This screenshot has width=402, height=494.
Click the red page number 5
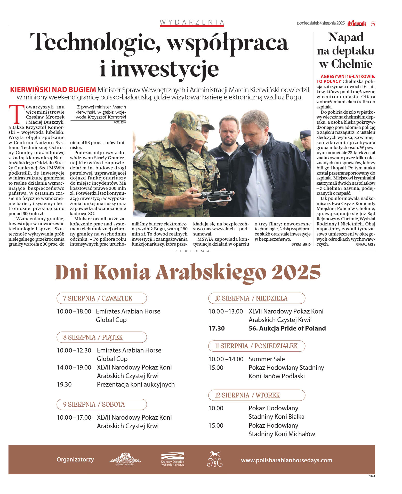373,24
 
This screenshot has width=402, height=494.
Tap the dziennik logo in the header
357,24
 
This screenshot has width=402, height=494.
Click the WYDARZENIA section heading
192,22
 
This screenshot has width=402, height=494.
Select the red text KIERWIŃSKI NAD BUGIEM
53,90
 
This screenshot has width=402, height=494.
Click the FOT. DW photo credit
119,122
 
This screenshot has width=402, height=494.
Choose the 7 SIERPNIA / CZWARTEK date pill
101,298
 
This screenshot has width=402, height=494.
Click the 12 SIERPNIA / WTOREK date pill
256,395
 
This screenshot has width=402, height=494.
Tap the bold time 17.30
216,328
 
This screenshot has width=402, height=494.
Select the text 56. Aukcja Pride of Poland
287,328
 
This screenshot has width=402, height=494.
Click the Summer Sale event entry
267,359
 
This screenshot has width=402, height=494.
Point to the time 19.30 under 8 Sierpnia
64,385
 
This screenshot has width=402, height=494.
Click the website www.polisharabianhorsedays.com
286,460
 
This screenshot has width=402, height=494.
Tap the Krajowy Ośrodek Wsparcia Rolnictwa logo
173,460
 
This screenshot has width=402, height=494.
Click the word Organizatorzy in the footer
75,460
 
